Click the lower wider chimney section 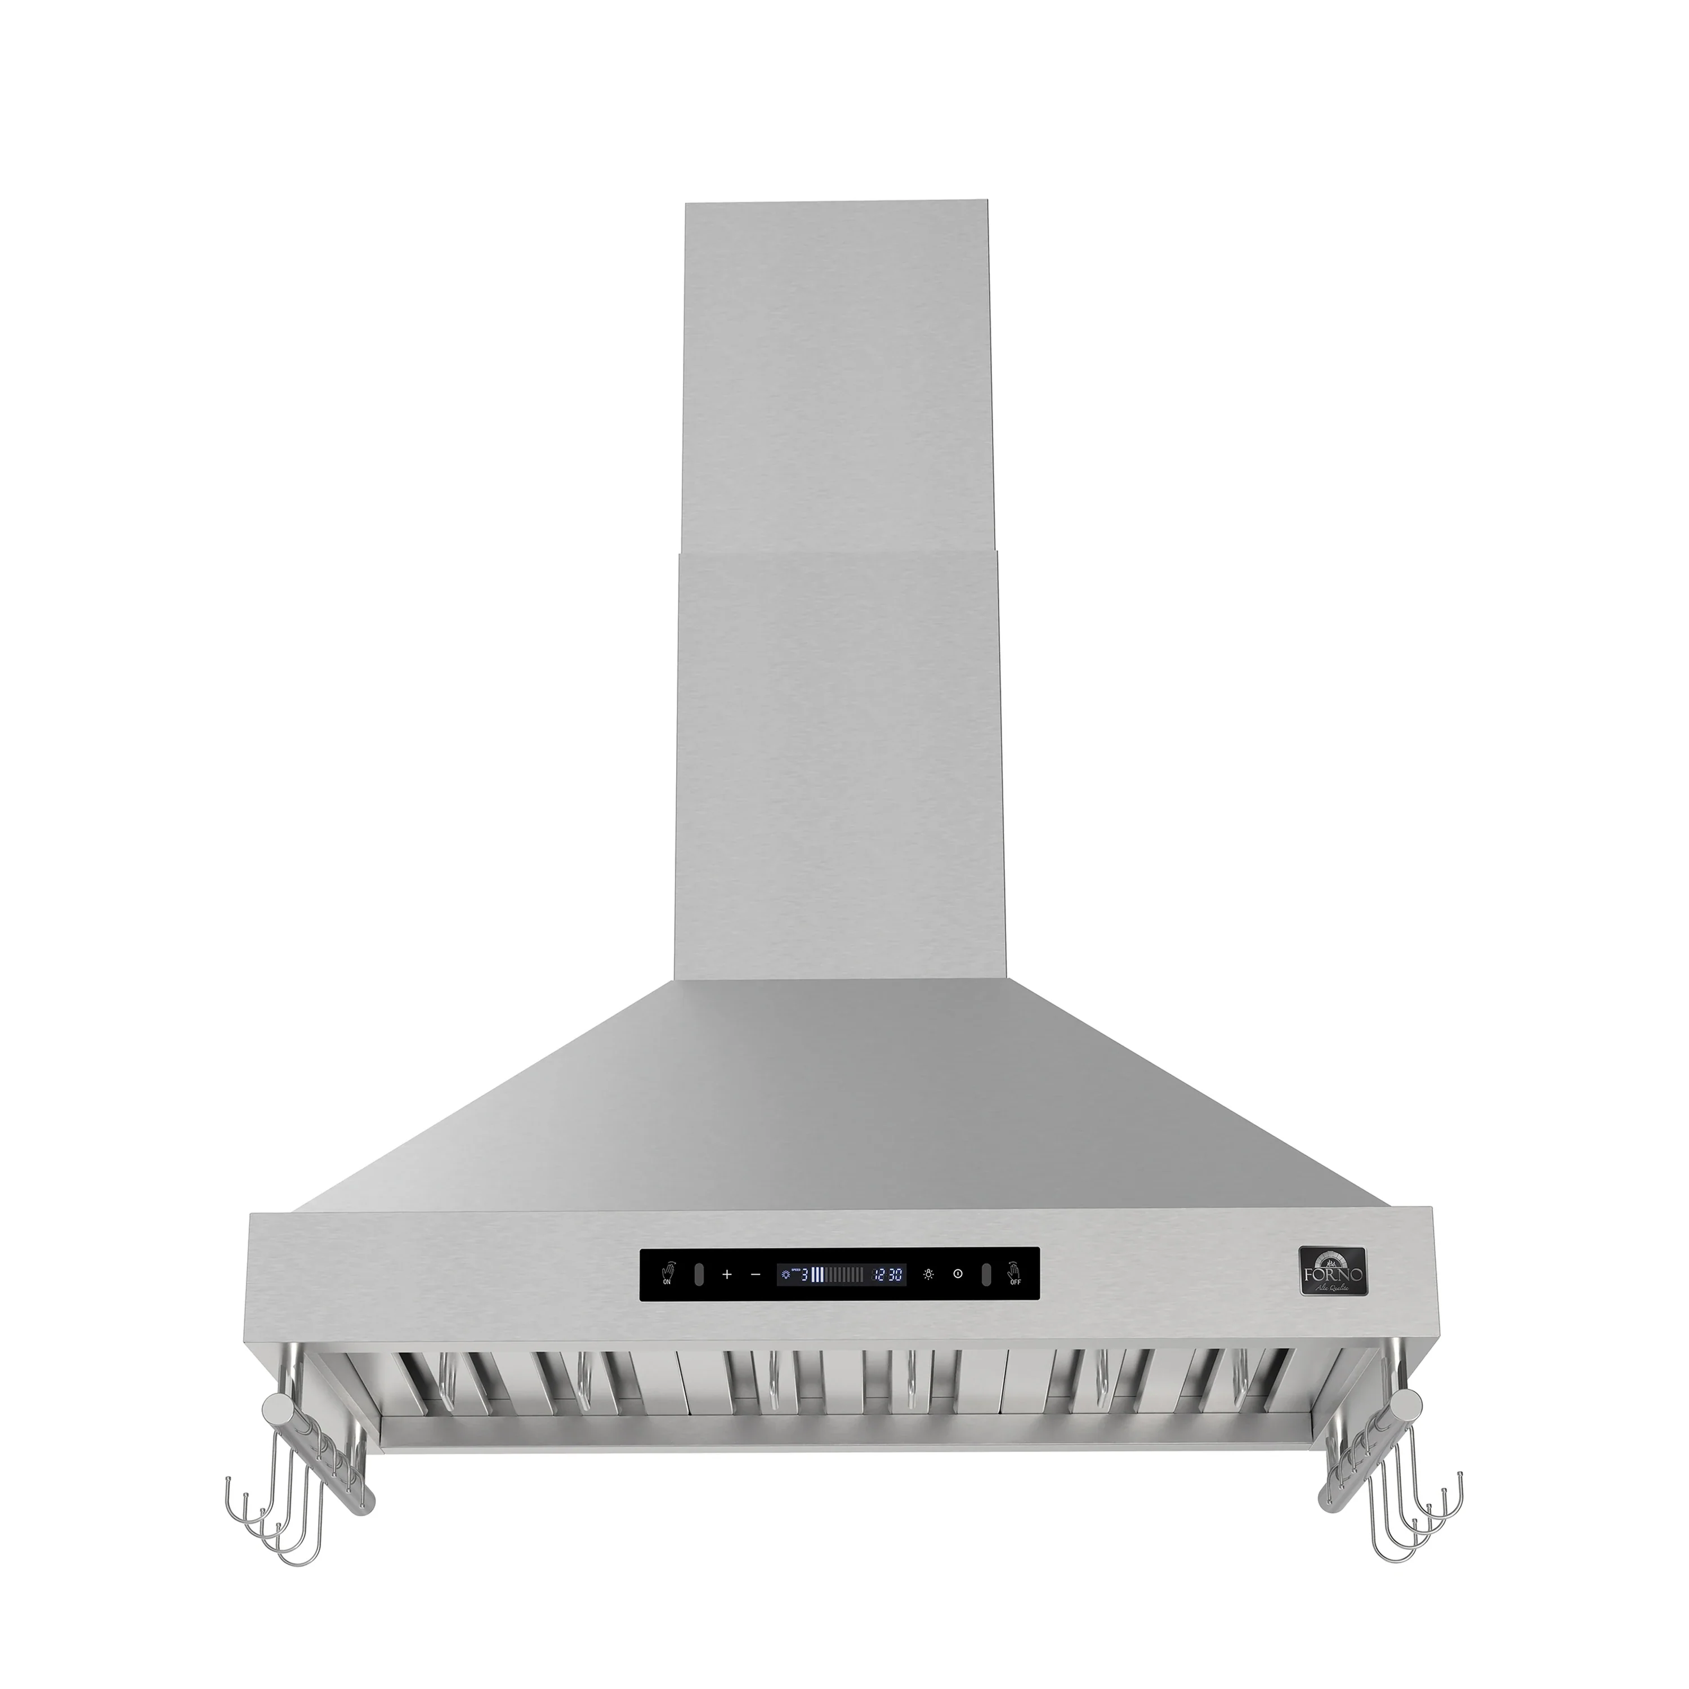837,761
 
